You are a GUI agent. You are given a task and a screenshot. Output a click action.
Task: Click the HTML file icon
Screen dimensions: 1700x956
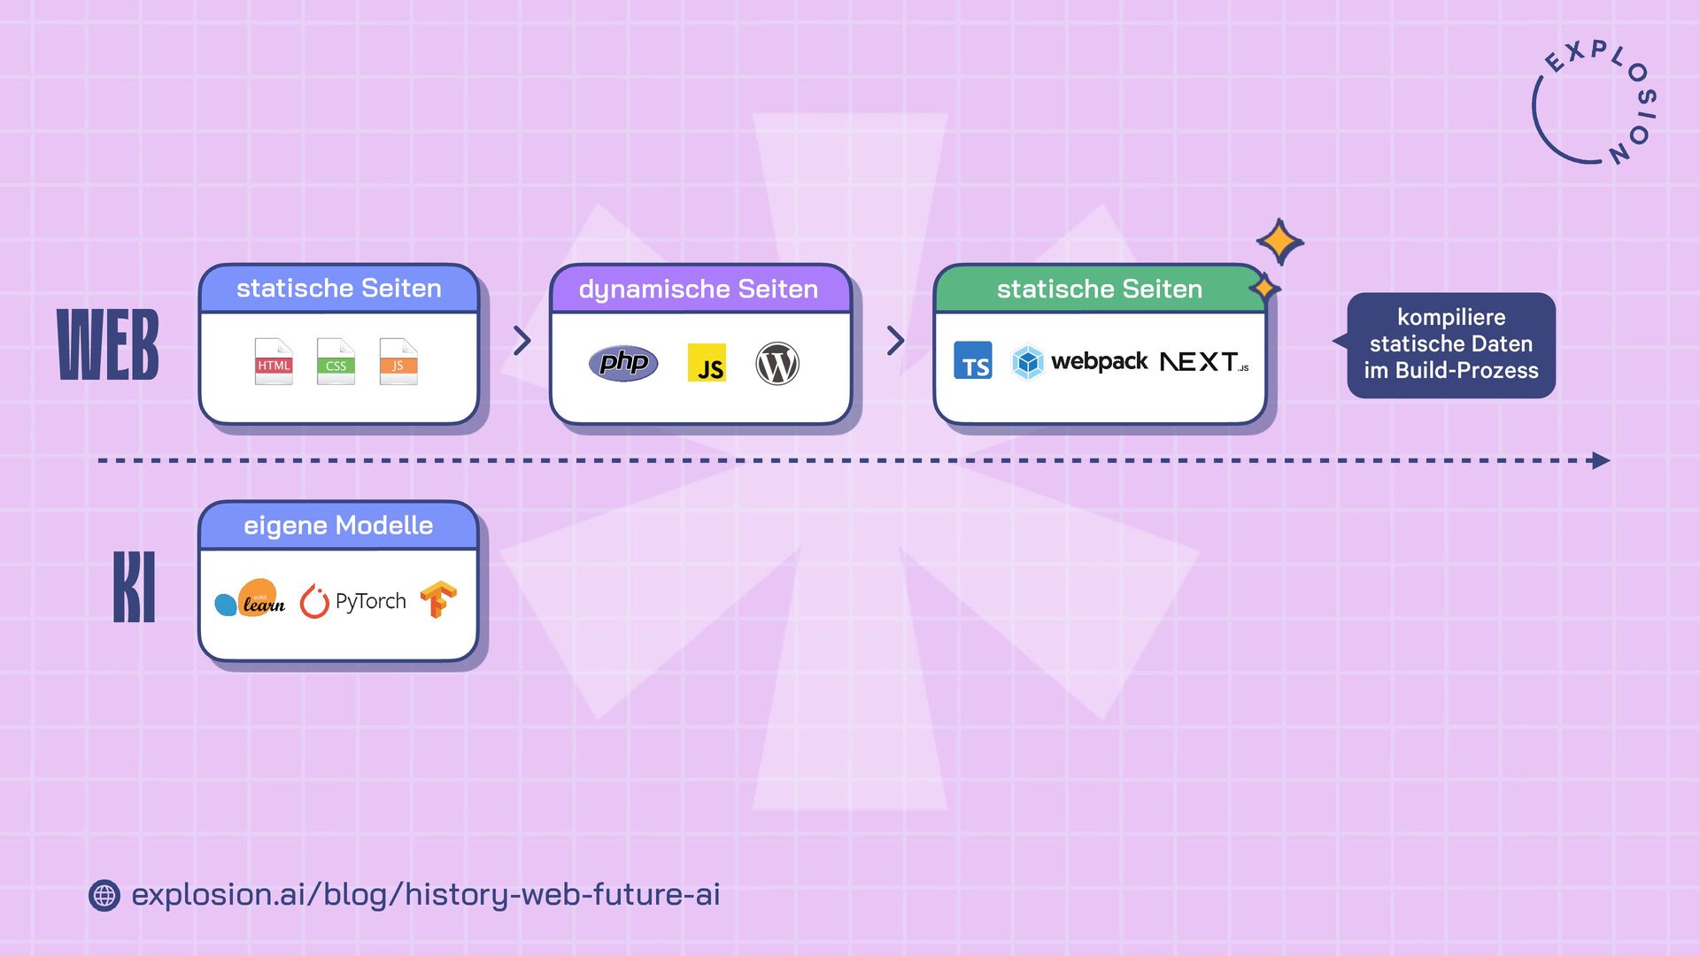coord(274,361)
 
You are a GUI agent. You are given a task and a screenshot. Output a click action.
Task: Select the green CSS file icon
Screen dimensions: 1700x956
coord(336,361)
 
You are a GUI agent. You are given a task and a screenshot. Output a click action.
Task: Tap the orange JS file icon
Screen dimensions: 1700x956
coord(398,361)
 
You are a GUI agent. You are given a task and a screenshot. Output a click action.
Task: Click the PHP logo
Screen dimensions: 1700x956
coord(623,363)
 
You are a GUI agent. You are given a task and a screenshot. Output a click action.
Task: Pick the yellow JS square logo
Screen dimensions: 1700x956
coord(707,363)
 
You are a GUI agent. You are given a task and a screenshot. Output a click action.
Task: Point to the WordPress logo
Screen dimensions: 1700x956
coord(777,364)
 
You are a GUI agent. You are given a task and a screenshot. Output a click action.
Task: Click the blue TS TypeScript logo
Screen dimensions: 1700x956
coord(973,361)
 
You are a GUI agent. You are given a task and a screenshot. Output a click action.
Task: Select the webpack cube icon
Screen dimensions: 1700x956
coord(1028,362)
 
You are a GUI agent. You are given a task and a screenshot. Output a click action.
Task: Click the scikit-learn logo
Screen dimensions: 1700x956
coord(251,599)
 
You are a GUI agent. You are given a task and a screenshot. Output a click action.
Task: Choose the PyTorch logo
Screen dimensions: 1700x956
coord(353,601)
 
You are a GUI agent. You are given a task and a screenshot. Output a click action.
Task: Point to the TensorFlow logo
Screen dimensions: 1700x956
coord(438,599)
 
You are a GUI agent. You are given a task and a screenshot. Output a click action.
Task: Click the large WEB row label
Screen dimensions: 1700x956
coord(108,345)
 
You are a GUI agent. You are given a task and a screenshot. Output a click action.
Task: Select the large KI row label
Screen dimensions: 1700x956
coord(135,587)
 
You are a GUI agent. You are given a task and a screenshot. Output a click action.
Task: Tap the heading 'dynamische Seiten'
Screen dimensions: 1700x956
coord(699,289)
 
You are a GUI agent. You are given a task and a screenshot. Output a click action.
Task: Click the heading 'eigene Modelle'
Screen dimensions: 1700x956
coord(338,526)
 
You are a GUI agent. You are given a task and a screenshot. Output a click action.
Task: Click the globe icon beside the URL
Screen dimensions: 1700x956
coord(104,896)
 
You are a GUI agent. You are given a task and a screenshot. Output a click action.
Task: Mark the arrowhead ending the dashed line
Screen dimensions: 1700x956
coord(1601,460)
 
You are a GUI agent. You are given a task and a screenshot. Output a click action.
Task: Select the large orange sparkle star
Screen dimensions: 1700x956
coord(1279,242)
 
